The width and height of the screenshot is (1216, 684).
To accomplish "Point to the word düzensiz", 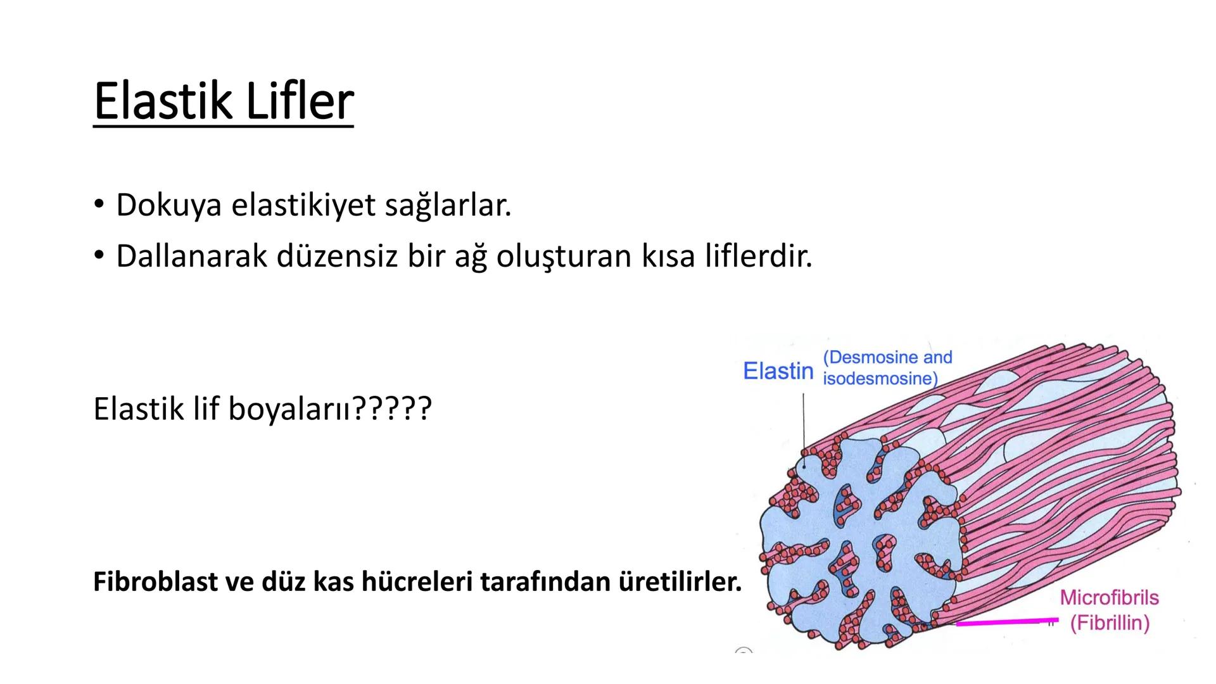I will [x=332, y=256].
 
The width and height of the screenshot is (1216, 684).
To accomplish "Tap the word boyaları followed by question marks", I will [x=288, y=408].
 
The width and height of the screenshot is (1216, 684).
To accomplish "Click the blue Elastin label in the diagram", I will [x=778, y=371].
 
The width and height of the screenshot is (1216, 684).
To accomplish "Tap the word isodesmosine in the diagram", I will [x=879, y=379].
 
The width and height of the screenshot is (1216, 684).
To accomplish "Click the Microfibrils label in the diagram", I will [x=1109, y=597].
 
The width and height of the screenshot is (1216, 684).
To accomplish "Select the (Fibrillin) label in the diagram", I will [x=1110, y=623].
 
